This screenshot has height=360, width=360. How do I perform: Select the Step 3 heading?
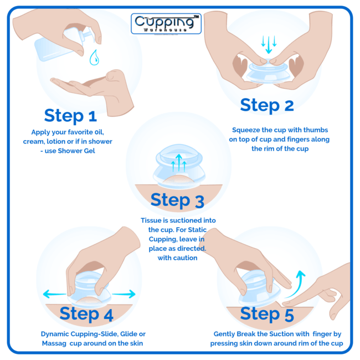pyautogui.click(x=177, y=200)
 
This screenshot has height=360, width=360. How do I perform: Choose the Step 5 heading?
pyautogui.click(x=267, y=314)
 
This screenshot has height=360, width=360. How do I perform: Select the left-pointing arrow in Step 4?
pyautogui.click(x=53, y=294)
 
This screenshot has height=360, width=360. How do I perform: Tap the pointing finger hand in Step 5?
pyautogui.click(x=321, y=291)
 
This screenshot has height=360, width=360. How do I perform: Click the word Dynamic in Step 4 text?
pyautogui.click(x=56, y=334)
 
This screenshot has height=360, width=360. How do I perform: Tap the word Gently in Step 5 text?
pyautogui.click(x=226, y=334)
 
